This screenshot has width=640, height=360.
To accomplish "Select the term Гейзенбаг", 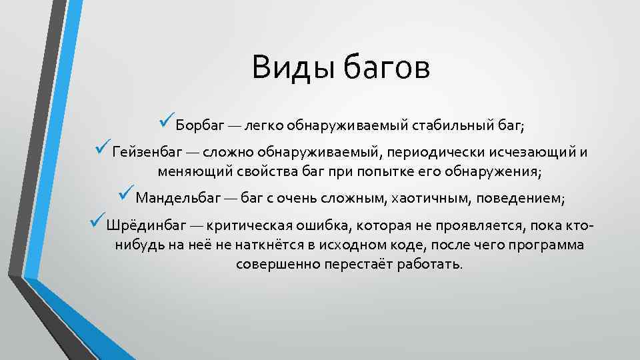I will (x=143, y=151).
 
